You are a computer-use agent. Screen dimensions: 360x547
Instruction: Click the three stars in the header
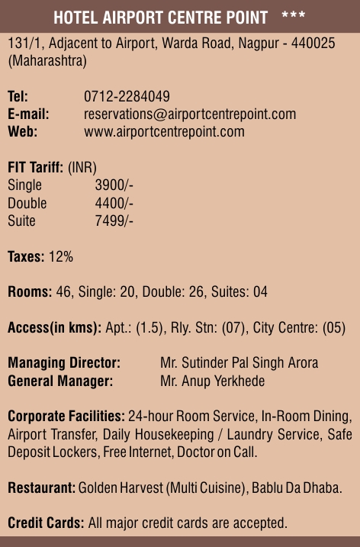294,16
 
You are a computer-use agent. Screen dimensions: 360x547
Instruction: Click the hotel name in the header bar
160,17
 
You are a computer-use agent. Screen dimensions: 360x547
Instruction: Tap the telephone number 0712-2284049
127,97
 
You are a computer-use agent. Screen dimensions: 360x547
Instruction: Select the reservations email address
190,114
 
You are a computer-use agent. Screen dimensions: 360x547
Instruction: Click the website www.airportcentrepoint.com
164,131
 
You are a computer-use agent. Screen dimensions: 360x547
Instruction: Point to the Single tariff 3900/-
114,185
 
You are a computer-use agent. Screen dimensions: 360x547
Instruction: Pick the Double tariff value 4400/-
114,203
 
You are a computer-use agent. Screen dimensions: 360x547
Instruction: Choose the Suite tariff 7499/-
114,220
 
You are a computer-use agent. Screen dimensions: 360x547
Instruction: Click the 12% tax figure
61,256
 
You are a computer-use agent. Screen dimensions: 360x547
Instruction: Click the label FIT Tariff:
36,168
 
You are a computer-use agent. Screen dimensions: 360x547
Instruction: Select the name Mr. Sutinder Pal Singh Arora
239,362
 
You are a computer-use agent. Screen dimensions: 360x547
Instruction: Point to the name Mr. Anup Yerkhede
212,380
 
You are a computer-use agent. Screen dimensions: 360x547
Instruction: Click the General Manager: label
60,380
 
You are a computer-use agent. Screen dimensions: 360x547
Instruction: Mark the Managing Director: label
64,362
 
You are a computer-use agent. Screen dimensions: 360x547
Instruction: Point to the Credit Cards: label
46,523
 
